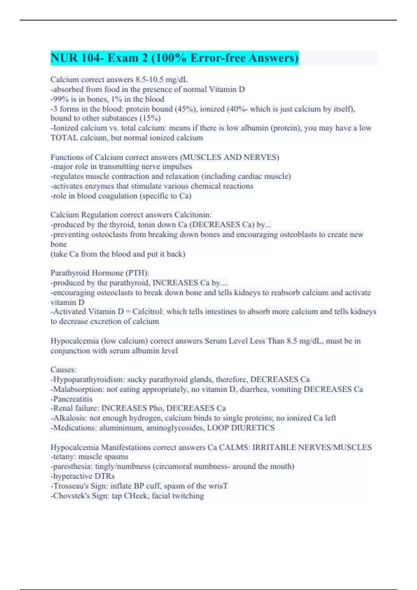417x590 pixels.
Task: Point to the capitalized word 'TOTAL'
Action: pos(64,138)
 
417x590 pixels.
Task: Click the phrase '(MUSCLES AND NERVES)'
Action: pos(229,157)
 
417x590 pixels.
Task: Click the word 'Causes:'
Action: pos(63,370)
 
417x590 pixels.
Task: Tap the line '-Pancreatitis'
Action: pos(72,399)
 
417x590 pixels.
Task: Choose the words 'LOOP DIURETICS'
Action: pos(241,428)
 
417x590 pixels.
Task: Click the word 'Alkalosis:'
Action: pos(70,418)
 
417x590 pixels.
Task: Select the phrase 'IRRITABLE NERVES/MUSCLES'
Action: pos(312,447)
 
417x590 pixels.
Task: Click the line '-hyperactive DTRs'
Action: pos(83,476)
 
